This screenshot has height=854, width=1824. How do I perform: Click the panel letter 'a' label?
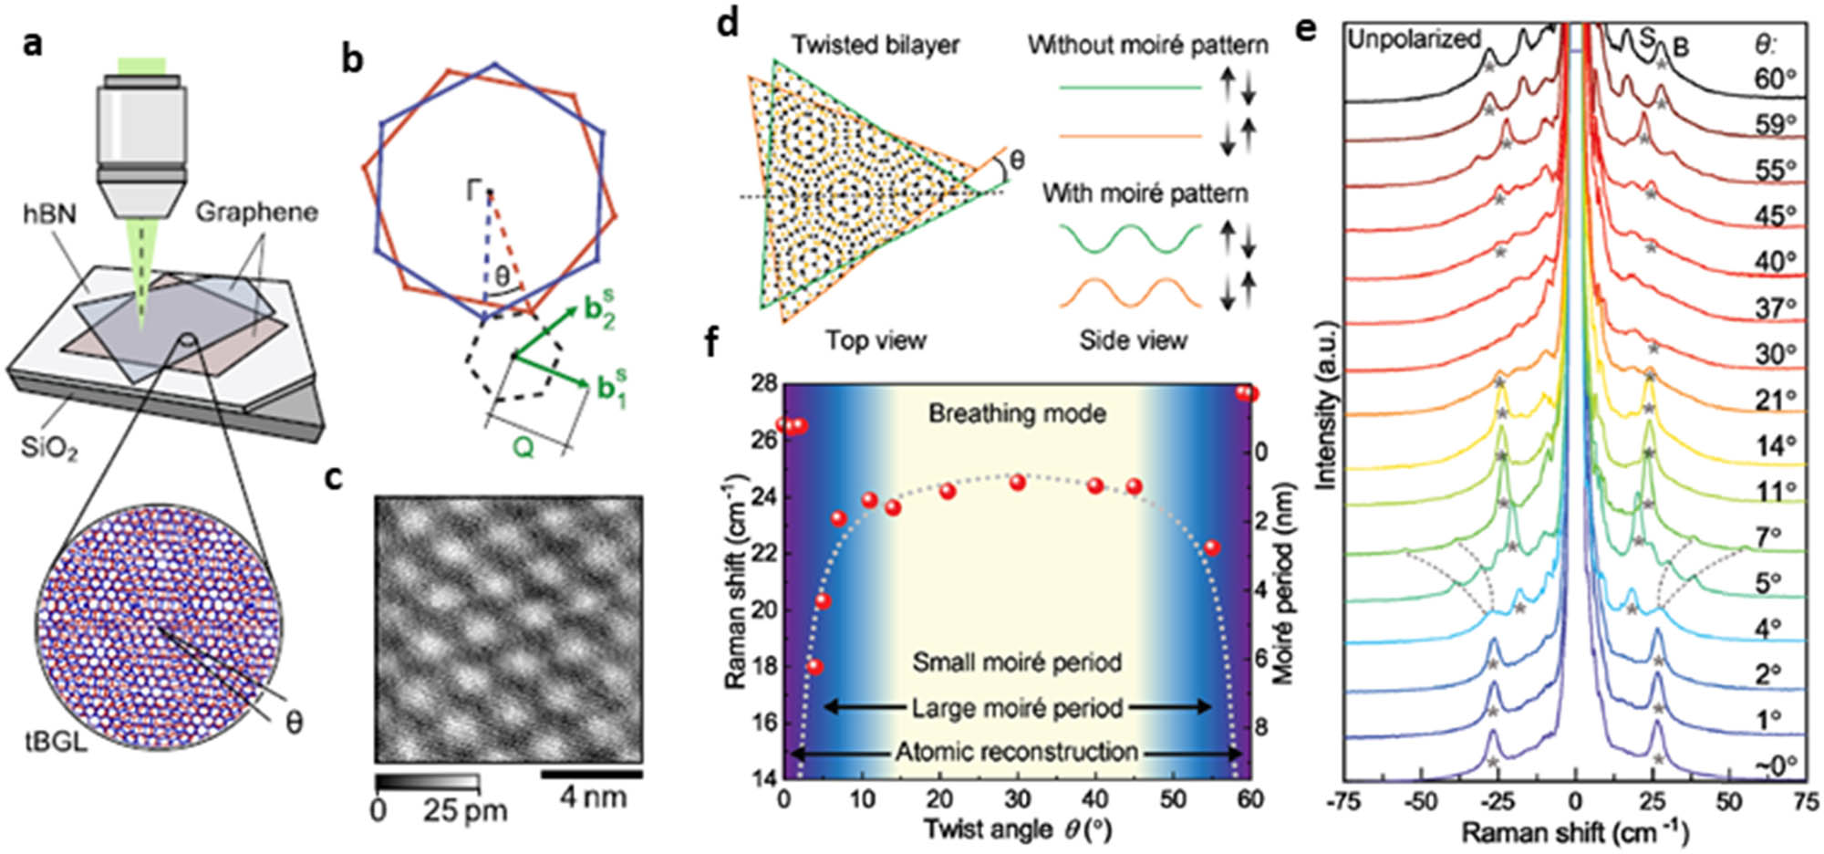pos(33,42)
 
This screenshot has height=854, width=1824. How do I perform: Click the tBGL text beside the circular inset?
pos(57,741)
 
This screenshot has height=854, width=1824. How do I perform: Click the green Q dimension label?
pos(523,447)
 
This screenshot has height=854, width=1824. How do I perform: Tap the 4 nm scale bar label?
pos(593,797)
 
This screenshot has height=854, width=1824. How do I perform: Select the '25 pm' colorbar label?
pos(465,810)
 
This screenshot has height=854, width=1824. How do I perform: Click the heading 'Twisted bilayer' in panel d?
pos(875,45)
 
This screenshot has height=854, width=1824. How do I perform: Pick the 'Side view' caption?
pos(1134,340)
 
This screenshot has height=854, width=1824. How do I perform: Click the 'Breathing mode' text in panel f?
pos(1017,413)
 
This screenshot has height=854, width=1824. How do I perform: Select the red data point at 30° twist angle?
pos(1018,482)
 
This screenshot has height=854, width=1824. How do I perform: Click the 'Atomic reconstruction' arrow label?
pos(1016,753)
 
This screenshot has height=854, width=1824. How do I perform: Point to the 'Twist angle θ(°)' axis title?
pos(1017,828)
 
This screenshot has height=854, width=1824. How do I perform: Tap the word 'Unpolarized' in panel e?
pos(1414,39)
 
